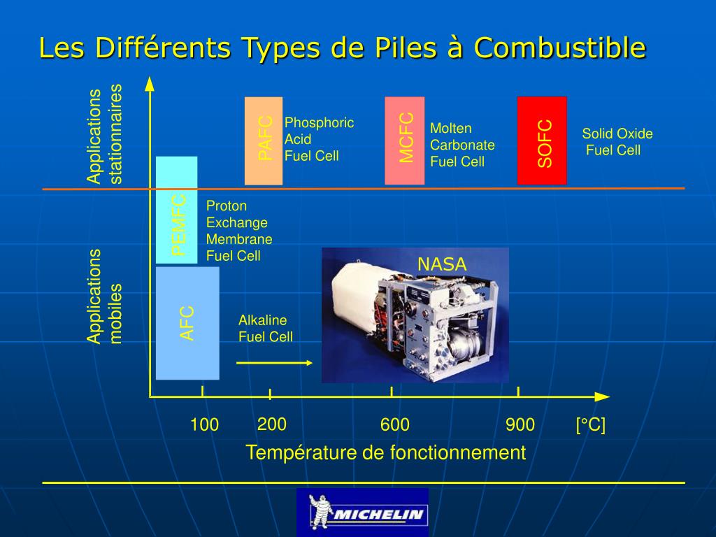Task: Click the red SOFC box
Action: tap(542, 141)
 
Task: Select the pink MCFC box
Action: tap(405, 141)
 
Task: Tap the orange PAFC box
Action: tap(264, 141)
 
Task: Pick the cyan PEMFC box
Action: tap(177, 210)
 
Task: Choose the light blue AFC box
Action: tap(187, 323)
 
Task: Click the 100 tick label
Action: tap(204, 424)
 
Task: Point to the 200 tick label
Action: tap(272, 424)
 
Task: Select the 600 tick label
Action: tap(395, 424)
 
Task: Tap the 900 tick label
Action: tap(520, 424)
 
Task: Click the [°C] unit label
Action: tap(591, 424)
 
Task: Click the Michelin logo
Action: tap(362, 513)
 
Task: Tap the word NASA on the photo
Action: tap(442, 264)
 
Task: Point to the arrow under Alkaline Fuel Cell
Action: tap(274, 362)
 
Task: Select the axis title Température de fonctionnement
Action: tap(385, 452)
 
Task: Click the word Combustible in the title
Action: tap(559, 48)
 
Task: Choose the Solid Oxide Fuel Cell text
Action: tap(616, 142)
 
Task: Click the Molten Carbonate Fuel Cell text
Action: tap(461, 145)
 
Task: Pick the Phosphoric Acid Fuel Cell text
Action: tap(319, 139)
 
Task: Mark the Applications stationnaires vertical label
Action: tap(104, 134)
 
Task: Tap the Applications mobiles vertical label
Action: tap(104, 296)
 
